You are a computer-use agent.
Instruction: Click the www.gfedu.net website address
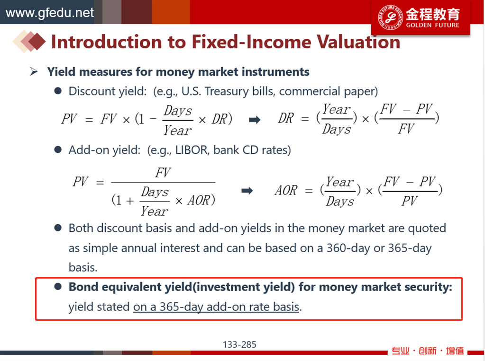49,13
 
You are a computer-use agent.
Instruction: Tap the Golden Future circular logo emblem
390,18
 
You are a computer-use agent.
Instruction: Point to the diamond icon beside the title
29,41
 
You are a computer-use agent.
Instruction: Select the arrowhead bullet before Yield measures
34,71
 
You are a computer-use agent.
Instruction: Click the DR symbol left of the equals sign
286,118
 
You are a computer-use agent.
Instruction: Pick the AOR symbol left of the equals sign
286,190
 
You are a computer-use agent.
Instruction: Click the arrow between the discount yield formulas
255,120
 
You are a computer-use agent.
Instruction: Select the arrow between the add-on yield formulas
247,191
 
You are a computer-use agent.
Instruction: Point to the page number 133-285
239,344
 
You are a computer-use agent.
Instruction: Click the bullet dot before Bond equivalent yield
58,287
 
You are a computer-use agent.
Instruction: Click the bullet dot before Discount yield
58,91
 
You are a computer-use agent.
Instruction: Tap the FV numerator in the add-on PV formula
163,172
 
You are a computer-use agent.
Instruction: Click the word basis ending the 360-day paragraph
83,267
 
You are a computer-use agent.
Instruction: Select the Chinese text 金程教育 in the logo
433,14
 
